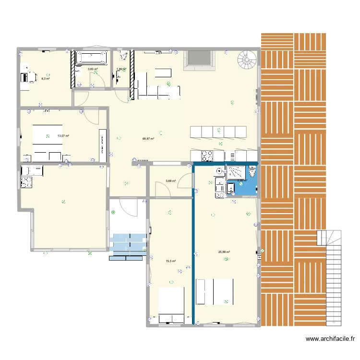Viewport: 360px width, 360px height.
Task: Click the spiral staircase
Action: pyautogui.click(x=248, y=60)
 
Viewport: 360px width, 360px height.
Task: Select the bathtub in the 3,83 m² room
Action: pyautogui.click(x=92, y=58)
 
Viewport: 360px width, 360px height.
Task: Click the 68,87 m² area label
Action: pyautogui.click(x=148, y=139)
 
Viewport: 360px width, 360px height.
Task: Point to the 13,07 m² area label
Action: pyautogui.click(x=63, y=136)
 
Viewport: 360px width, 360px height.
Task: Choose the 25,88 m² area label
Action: pyautogui.click(x=224, y=252)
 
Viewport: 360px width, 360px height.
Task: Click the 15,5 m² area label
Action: pyautogui.click(x=170, y=261)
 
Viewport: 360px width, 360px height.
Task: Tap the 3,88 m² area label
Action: pyautogui.click(x=170, y=181)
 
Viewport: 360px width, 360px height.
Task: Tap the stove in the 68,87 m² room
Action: pyautogui.click(x=207, y=156)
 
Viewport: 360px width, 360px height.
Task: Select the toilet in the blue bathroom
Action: pyautogui.click(x=252, y=171)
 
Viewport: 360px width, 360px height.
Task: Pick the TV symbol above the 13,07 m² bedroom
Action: pyautogui.click(x=47, y=111)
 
